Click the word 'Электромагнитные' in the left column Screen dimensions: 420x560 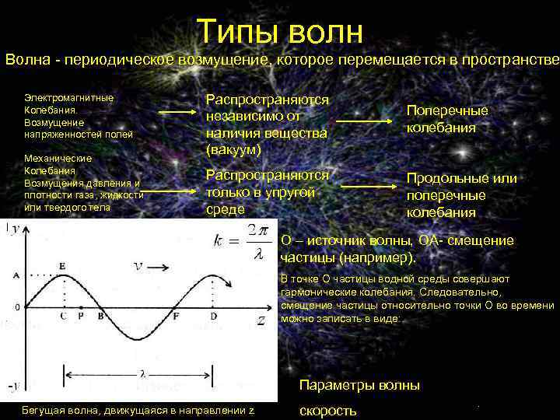[68, 98]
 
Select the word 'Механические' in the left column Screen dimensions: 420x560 [58, 159]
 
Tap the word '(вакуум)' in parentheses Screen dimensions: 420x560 [233, 149]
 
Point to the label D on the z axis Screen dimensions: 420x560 [213, 317]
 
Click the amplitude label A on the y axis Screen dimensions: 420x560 [16, 275]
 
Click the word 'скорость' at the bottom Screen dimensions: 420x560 [327, 410]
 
